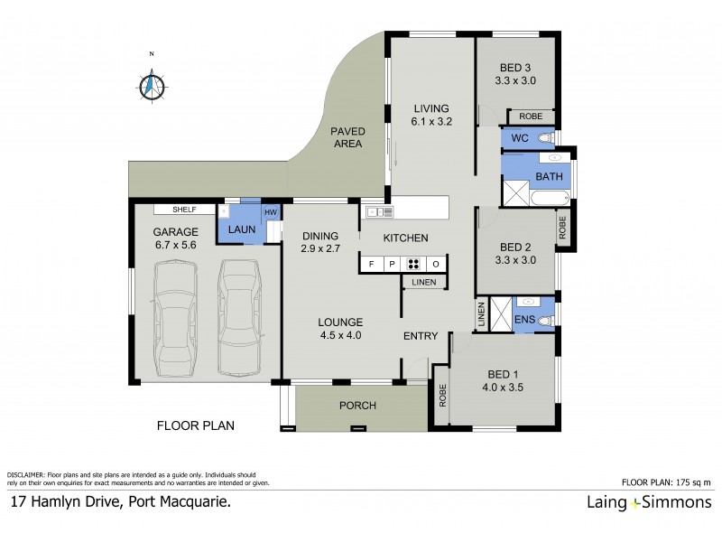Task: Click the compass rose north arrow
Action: coord(153,85)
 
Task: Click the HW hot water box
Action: coord(270,212)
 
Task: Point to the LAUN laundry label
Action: coord(241,230)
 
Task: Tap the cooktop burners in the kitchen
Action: coord(413,264)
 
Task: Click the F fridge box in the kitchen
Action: coord(369,264)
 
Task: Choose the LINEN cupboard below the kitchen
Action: coord(423,283)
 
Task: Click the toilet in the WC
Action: coord(543,138)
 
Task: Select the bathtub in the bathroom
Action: coord(548,197)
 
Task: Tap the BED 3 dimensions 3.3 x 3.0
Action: coord(516,80)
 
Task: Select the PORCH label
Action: coord(357,406)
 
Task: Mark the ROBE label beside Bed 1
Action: coord(441,397)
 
